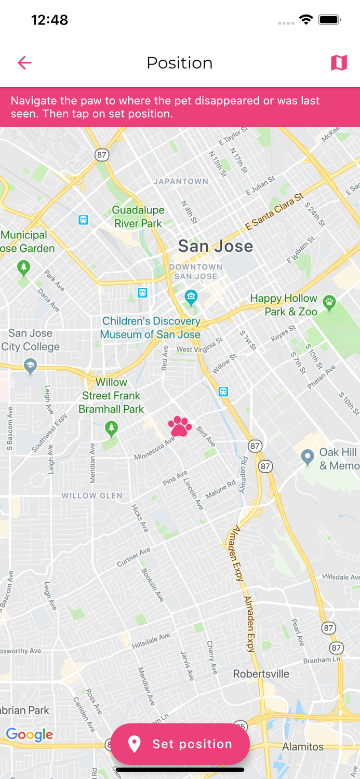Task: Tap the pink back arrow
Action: (x=24, y=63)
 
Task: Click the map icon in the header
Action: (x=339, y=63)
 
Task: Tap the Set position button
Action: (x=180, y=744)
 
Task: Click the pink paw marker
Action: (x=180, y=426)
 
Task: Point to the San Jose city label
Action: (x=216, y=246)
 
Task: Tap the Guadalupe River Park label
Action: (x=138, y=217)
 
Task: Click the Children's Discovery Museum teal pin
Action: (x=191, y=298)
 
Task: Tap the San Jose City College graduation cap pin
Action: (x=30, y=366)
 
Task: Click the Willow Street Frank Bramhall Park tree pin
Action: (x=111, y=428)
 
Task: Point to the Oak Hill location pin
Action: (x=308, y=457)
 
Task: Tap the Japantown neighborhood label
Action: (x=181, y=182)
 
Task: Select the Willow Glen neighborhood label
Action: (x=92, y=495)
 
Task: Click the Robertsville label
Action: (x=261, y=674)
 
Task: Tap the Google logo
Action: (x=30, y=734)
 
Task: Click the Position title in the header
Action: (x=180, y=63)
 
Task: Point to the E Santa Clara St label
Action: (x=274, y=212)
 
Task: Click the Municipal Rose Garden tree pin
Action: (x=23, y=268)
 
